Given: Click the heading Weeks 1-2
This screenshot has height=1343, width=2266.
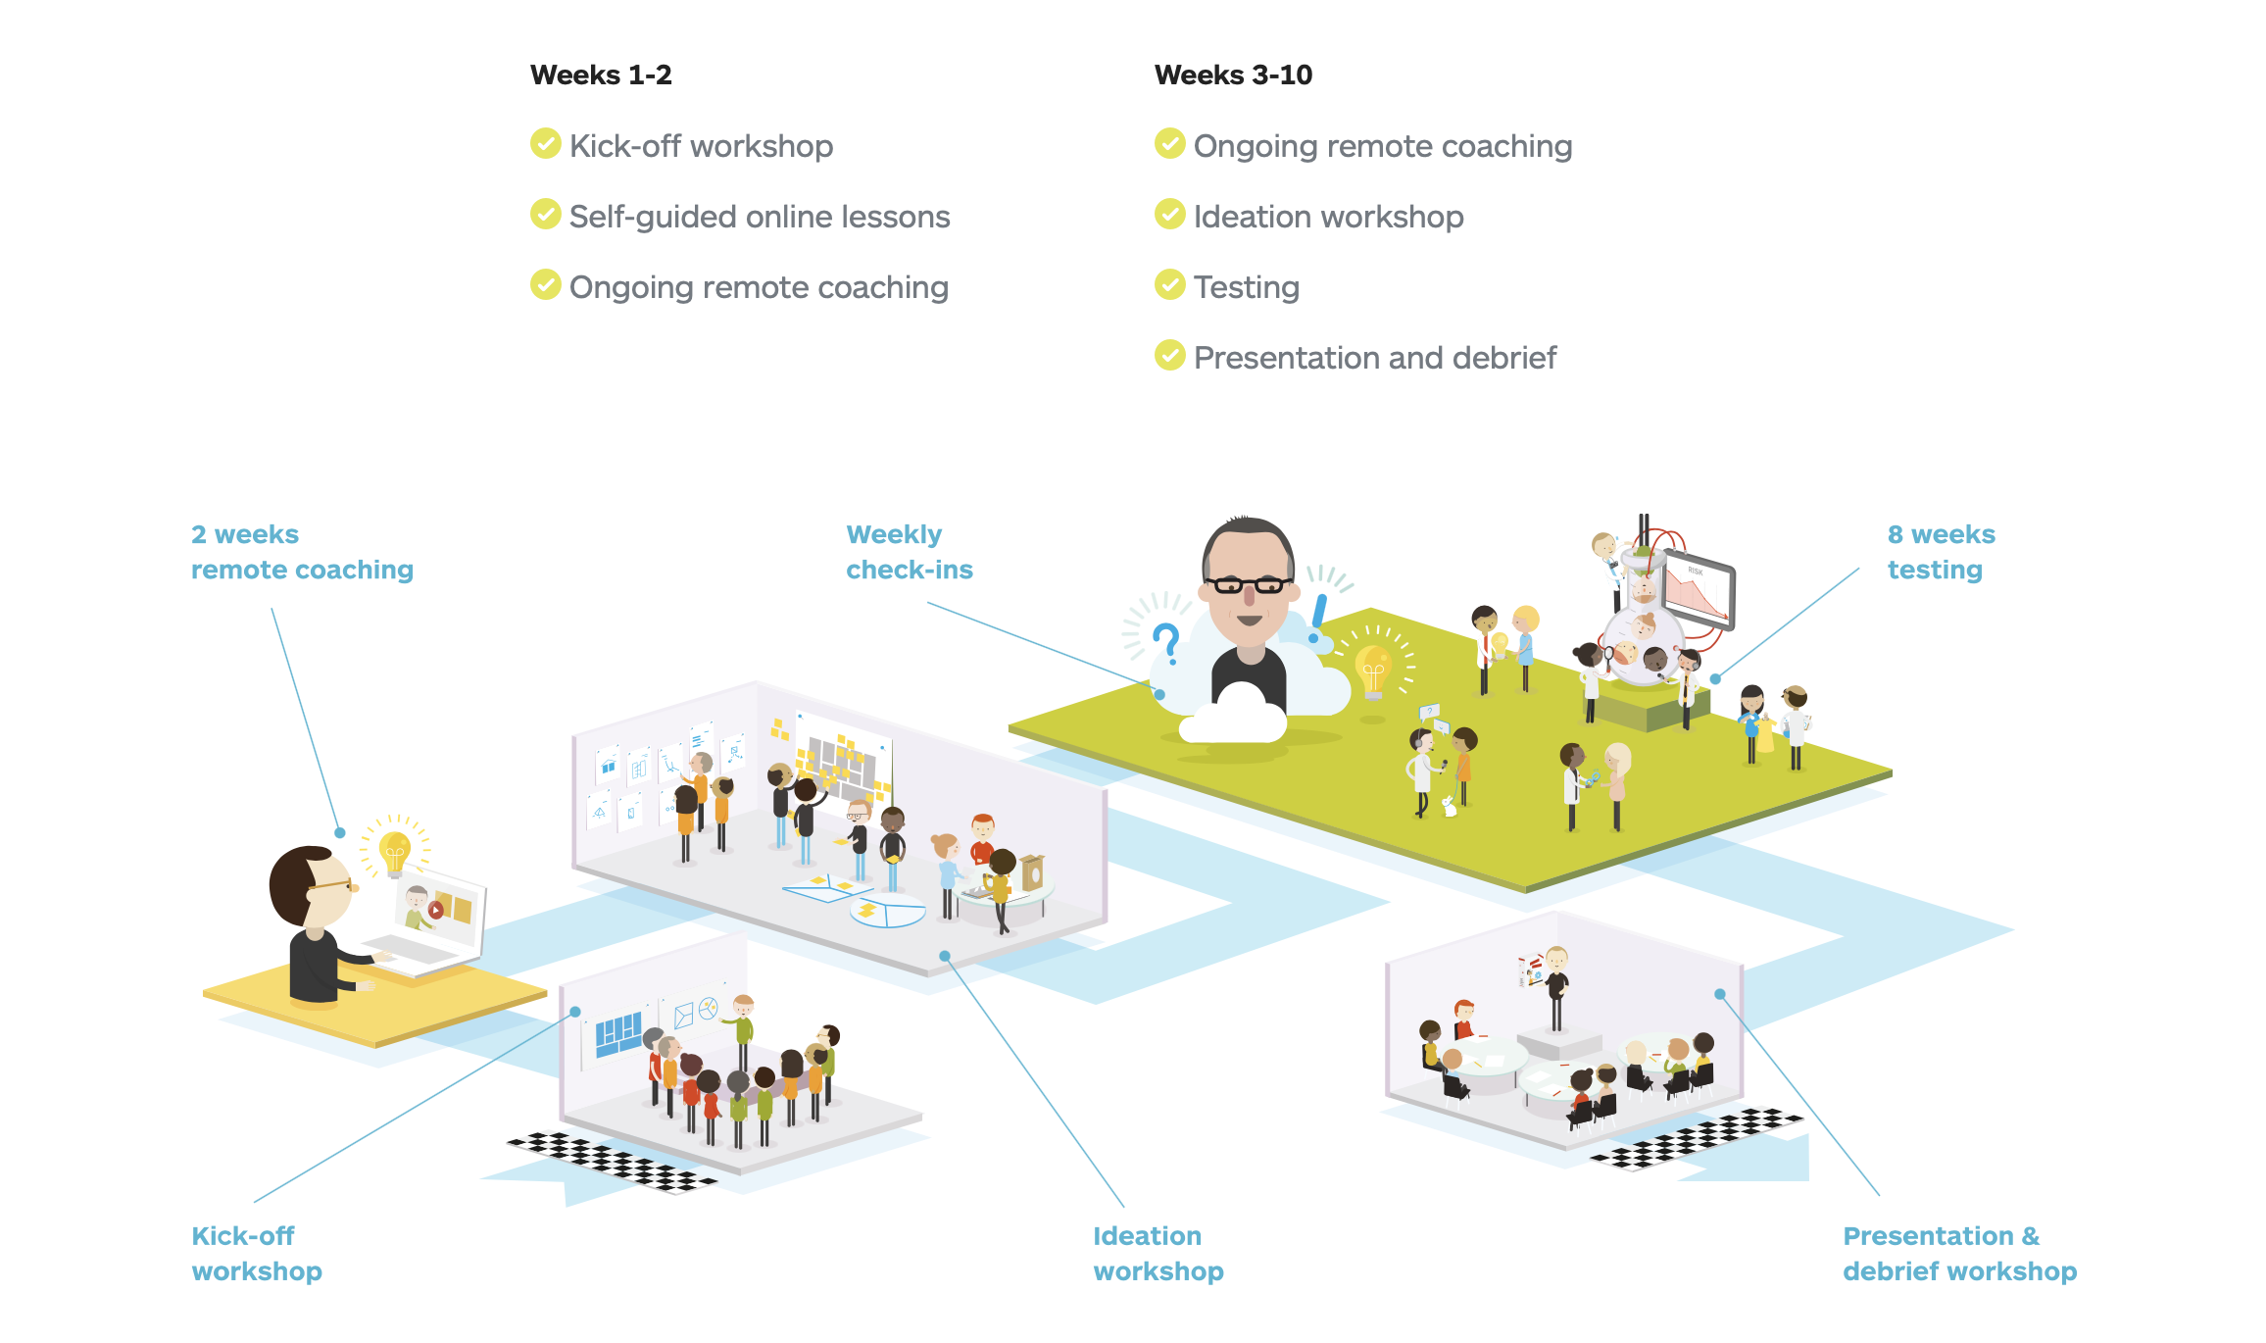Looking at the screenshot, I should [x=601, y=75].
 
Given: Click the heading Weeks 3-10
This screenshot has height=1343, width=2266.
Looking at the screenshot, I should [x=1233, y=75].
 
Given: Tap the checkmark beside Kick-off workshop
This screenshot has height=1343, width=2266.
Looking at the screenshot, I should [x=546, y=143].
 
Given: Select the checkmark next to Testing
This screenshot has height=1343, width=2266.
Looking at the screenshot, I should [x=1169, y=284].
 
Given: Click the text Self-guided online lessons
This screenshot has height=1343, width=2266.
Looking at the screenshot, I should [x=760, y=217].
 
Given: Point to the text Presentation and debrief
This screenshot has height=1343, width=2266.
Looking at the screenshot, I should [x=1374, y=358].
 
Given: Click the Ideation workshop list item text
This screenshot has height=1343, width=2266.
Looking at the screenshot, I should [x=1328, y=217].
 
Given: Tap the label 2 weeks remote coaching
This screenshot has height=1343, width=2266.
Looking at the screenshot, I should [x=302, y=552].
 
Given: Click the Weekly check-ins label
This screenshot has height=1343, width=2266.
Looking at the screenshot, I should [x=909, y=552].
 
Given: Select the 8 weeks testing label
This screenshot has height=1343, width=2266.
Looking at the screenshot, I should [x=1941, y=552].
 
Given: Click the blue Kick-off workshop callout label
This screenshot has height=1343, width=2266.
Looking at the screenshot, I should [x=256, y=1254].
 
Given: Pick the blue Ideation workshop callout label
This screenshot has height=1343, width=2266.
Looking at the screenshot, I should [x=1158, y=1254].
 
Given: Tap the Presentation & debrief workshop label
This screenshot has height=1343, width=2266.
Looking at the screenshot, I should [x=1959, y=1254].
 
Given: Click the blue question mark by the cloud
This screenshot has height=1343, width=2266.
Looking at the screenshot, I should [x=1166, y=643].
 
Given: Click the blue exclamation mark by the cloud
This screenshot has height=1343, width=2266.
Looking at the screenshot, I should [x=1318, y=618].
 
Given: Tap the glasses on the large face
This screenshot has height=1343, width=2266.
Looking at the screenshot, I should [x=1248, y=585].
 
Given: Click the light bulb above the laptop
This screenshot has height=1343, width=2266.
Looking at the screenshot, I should [x=395, y=850].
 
